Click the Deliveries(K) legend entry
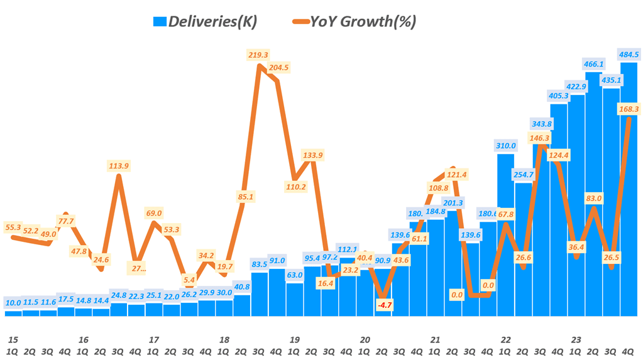(x=205, y=21)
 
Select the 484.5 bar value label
(x=629, y=54)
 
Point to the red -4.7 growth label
(x=383, y=305)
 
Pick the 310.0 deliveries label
(x=505, y=146)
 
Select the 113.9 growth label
(x=118, y=166)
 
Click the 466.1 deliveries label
(x=594, y=64)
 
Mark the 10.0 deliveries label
(x=13, y=303)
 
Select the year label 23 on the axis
(x=576, y=339)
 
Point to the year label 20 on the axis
(x=365, y=339)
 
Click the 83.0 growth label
(x=593, y=199)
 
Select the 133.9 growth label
(x=312, y=155)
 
